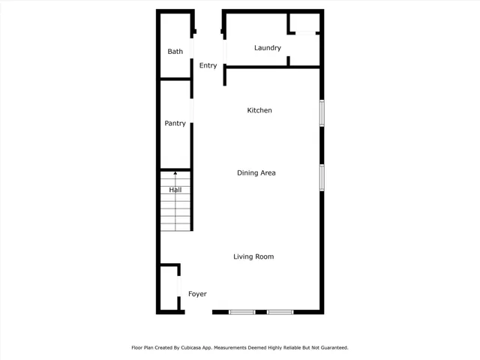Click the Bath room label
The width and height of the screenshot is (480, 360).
point(175,52)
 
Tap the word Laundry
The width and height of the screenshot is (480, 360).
point(268,48)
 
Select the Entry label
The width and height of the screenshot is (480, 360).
point(208,66)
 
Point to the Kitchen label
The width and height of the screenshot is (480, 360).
point(259,111)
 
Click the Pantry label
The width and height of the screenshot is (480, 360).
point(175,124)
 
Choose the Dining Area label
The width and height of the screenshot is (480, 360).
point(256,173)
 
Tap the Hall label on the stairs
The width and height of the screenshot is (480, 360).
point(175,190)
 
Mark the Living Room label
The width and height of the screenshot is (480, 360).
point(253,257)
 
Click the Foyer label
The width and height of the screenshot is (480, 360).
point(197,295)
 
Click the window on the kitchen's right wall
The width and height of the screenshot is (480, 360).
point(322,112)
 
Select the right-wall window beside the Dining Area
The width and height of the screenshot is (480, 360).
point(322,177)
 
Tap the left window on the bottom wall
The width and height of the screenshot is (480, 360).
point(242,311)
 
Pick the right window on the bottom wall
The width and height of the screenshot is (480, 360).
point(280,311)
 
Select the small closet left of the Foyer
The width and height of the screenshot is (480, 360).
point(169,288)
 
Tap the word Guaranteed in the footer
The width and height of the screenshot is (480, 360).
point(331,348)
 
